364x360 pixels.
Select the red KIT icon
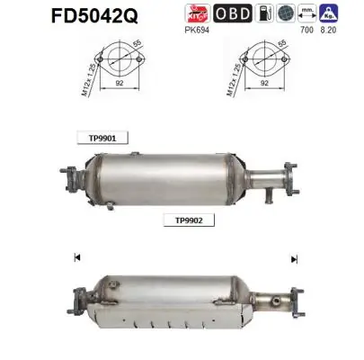196,13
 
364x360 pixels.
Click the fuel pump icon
262,13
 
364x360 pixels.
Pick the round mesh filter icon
286,13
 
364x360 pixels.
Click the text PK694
196,29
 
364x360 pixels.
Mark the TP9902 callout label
183,219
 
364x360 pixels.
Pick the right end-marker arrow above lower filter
294,259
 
